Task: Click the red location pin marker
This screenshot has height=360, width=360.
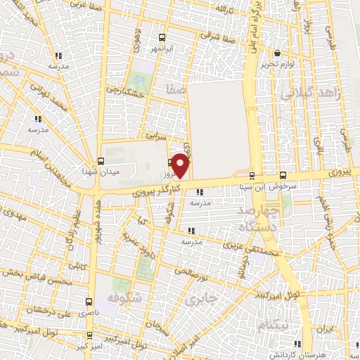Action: (181, 165)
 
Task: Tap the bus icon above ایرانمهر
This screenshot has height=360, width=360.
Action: (162, 37)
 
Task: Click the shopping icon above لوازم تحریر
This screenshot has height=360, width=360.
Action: (277, 53)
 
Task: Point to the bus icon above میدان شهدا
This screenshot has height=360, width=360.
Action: (101, 161)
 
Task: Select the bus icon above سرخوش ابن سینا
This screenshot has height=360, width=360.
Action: (283, 174)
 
